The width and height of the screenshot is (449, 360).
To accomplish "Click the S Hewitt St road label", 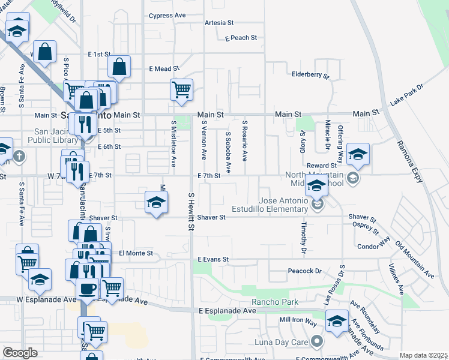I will (191, 212).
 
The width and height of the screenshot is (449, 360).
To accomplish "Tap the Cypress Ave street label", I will (167, 16).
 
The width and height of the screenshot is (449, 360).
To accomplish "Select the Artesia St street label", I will (219, 23).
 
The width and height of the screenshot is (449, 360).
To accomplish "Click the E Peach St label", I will (241, 38).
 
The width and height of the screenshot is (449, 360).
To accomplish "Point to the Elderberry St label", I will (310, 76).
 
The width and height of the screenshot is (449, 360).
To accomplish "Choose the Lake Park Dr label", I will (406, 95).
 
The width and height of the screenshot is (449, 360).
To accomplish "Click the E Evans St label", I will (214, 259).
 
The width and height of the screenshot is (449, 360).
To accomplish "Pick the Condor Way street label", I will (373, 246).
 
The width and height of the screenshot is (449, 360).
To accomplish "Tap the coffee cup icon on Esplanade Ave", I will (88, 289).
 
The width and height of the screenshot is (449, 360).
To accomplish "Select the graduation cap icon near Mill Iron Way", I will (337, 321).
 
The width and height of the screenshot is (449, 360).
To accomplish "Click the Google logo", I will (20, 353).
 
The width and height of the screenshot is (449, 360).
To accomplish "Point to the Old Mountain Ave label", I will (414, 260).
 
